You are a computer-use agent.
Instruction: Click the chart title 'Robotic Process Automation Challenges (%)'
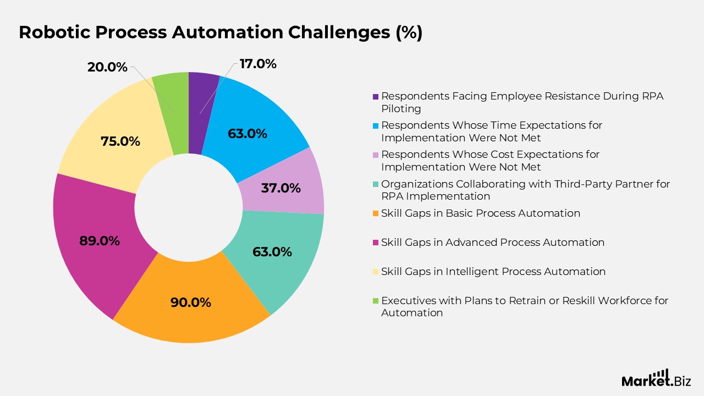click(221, 32)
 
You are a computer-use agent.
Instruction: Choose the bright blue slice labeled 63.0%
click(253, 127)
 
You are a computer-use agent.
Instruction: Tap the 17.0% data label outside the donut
click(258, 64)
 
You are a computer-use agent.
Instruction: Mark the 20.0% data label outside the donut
click(107, 67)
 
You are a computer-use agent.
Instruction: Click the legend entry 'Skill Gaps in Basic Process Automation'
click(480, 213)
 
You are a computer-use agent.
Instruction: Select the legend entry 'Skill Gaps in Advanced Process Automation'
click(492, 243)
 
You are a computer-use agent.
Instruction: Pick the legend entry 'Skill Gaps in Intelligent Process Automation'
click(493, 272)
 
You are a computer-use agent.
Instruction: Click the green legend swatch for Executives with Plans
click(376, 301)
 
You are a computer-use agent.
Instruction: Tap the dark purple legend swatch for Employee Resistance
click(376, 96)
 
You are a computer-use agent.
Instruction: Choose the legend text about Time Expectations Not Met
click(491, 131)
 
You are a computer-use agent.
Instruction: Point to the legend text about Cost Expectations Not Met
click(490, 161)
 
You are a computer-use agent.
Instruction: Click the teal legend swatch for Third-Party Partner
click(376, 184)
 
